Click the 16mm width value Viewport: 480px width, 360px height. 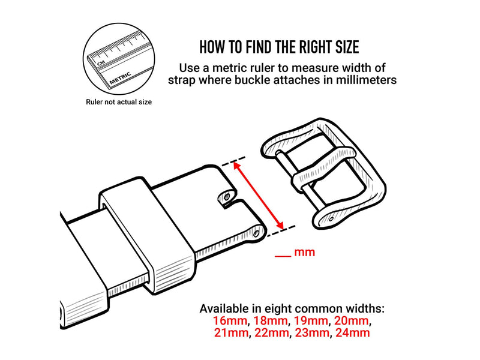pyautogui.click(x=230, y=321)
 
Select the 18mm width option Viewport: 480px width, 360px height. pyautogui.click(x=271, y=321)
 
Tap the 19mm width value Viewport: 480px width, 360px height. pyautogui.click(x=311, y=321)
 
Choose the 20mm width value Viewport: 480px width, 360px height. pyautogui.click(x=351, y=321)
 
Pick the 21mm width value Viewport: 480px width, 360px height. pyautogui.click(x=231, y=333)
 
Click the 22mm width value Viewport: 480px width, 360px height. pyautogui.click(x=271, y=333)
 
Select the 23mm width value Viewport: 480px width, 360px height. pyautogui.click(x=312, y=333)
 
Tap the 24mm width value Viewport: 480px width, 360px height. pyautogui.click(x=353, y=333)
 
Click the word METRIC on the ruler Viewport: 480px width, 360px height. pyautogui.click(x=121, y=78)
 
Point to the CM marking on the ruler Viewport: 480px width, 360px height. pyautogui.click(x=101, y=63)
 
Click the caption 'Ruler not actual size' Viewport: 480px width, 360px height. pyautogui.click(x=119, y=102)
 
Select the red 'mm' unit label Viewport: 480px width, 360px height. pyautogui.click(x=305, y=252)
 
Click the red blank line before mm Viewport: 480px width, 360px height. pyautogui.click(x=283, y=256)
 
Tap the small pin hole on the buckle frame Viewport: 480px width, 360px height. pyautogui.click(x=331, y=219)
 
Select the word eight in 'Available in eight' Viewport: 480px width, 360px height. pyautogui.click(x=278, y=309)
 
